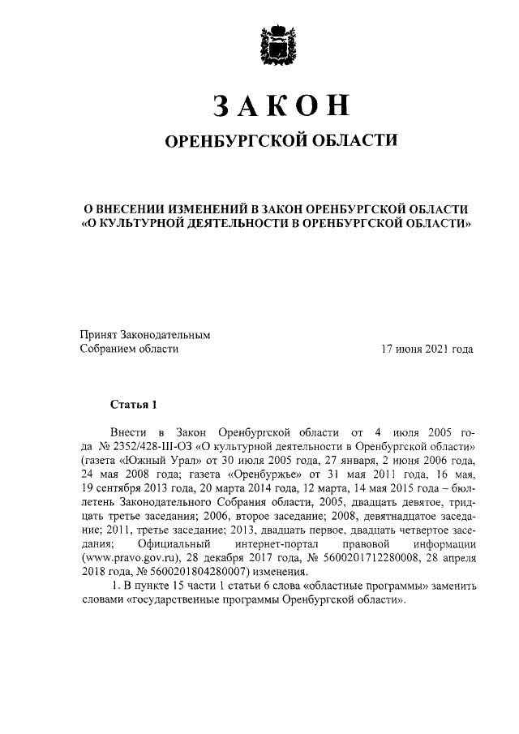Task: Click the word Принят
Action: click(x=97, y=333)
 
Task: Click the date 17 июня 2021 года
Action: click(x=427, y=350)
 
